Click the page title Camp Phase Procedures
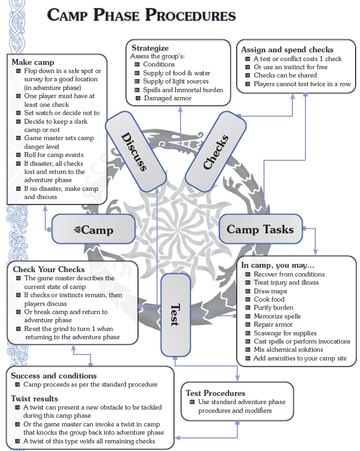coord(141,15)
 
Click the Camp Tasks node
coord(260,229)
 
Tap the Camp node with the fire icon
coord(93,229)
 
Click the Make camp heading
coord(33,63)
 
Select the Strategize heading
coord(150,48)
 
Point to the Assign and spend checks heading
coord(287,50)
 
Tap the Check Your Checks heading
coord(49,269)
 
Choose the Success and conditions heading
coord(53,375)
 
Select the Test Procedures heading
coord(215,393)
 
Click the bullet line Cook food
coord(269,299)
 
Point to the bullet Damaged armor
coord(167,98)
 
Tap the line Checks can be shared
coord(285,75)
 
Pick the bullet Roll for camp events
coord(53,155)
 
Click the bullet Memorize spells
coord(277,316)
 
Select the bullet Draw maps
coord(270,291)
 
